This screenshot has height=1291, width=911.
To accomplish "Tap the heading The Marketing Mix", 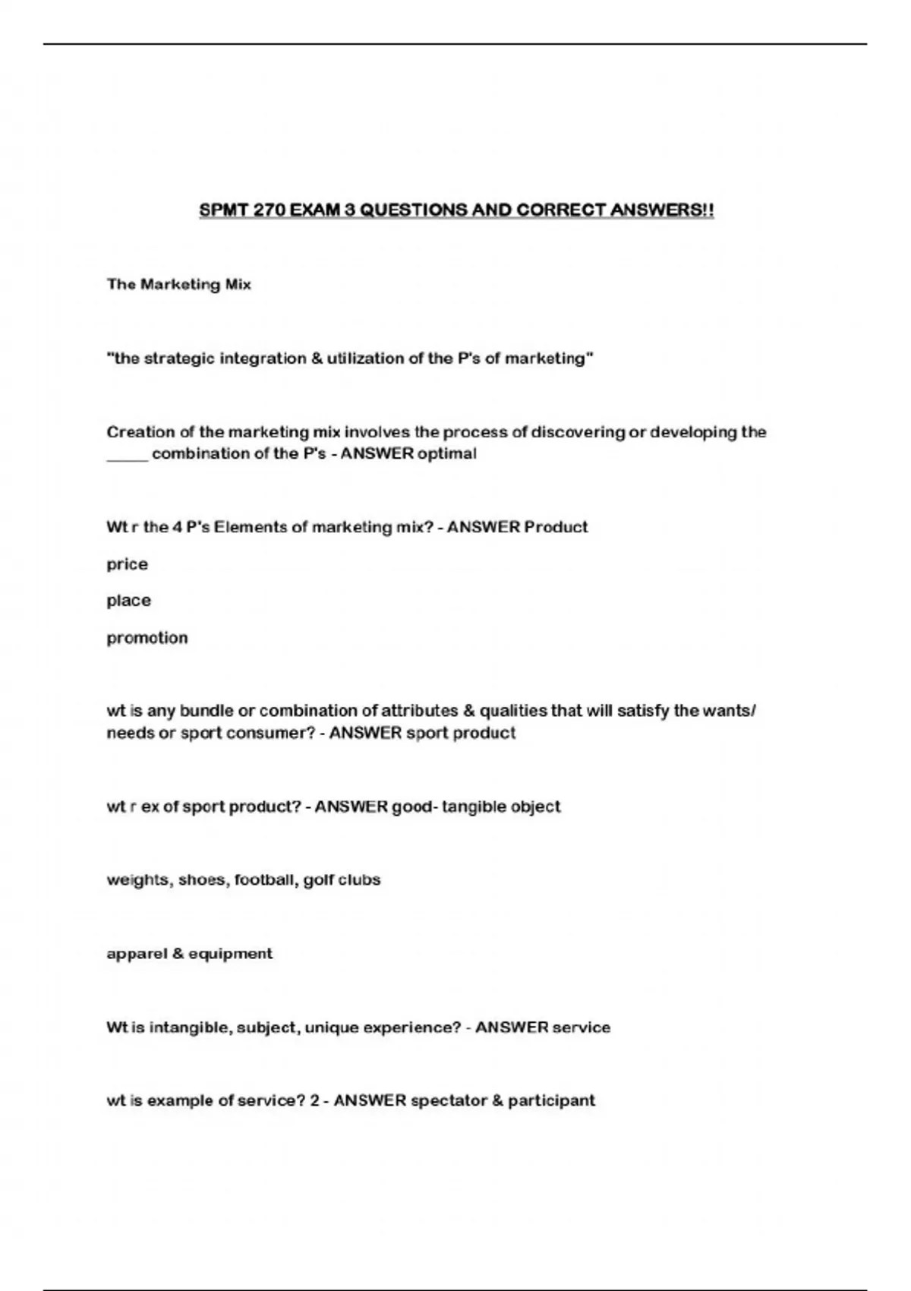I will coord(178,284).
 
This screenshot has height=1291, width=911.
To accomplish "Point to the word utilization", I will coord(365,358).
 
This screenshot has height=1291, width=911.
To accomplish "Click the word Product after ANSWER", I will coord(556,527).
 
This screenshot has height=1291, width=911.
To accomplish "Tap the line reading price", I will coord(127,564).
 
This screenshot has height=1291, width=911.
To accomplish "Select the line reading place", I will coord(128,601).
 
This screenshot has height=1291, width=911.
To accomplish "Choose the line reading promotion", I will coord(147,638).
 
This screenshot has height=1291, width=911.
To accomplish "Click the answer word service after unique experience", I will coord(582,1027).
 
